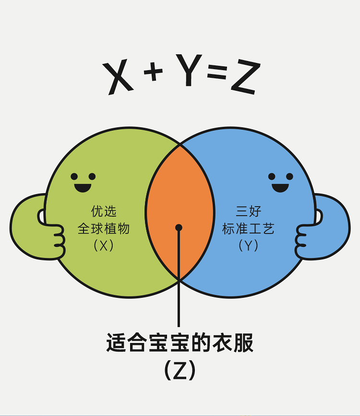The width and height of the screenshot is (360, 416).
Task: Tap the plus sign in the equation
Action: coord(153,73)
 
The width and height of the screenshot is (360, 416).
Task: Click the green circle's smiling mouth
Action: coord(82,187)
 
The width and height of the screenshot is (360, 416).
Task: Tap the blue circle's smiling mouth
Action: coord(280,186)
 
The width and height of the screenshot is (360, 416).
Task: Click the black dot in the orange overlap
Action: coord(179,227)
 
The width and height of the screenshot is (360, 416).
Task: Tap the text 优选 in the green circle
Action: coord(104,211)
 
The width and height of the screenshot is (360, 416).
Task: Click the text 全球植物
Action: coord(104,229)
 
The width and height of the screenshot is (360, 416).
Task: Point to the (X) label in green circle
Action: coord(104,245)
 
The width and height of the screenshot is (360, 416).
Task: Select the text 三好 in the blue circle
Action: coord(248,211)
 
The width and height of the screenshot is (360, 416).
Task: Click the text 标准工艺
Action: coord(248,229)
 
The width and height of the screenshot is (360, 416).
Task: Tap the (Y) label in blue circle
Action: coord(248,245)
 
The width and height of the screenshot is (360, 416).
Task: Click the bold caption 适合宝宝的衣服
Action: coord(180,344)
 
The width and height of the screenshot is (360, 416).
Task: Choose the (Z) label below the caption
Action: coord(180,370)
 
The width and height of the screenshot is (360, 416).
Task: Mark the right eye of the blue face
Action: coord(289,176)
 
